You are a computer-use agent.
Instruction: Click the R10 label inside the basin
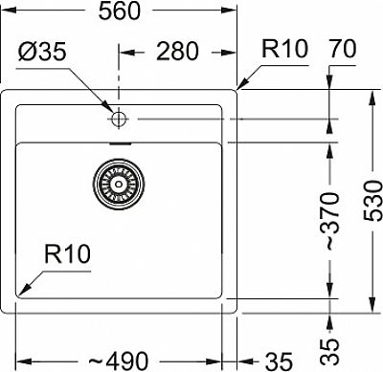pyautogui.click(x=65, y=254)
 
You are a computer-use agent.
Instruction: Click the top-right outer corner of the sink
pyautogui.click(x=237, y=91)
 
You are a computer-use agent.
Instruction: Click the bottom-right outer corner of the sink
pyautogui.click(x=237, y=312)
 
